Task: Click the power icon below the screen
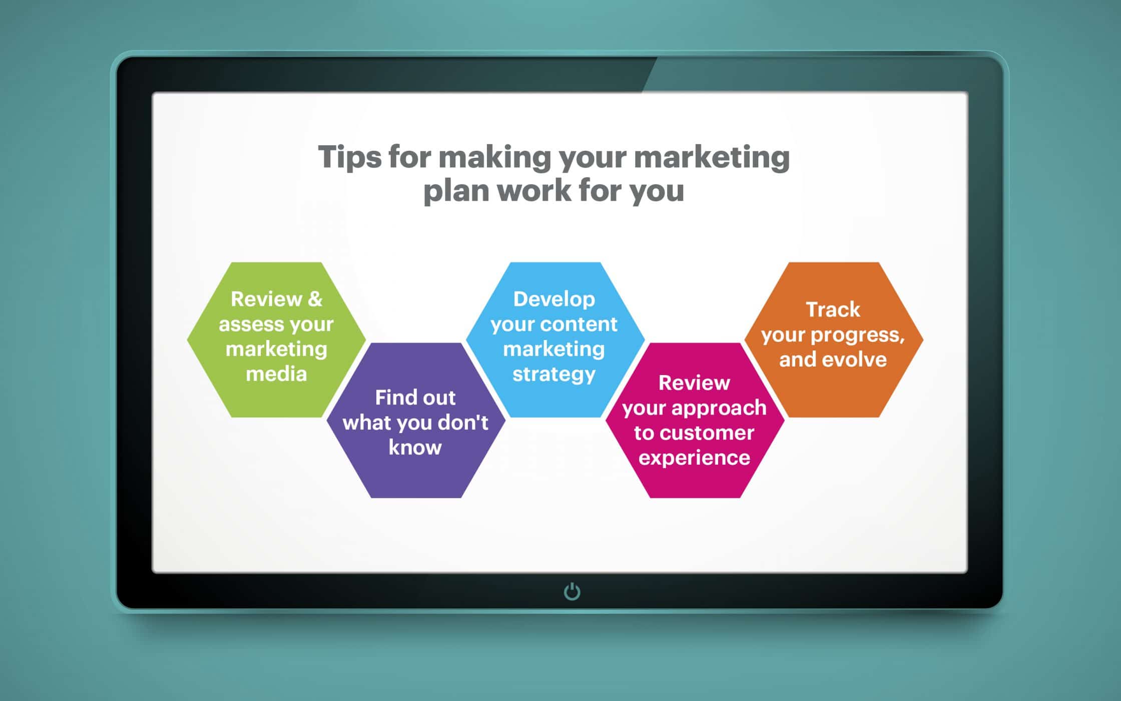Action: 572,591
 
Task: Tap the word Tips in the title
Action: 349,158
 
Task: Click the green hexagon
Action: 276,339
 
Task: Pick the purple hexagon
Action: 416,421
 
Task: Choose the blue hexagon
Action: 555,339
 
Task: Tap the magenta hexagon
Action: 695,421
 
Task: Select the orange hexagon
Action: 834,339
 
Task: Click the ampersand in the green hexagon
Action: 315,299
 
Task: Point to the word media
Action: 276,374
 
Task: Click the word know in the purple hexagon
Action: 415,447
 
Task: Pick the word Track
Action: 833,309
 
